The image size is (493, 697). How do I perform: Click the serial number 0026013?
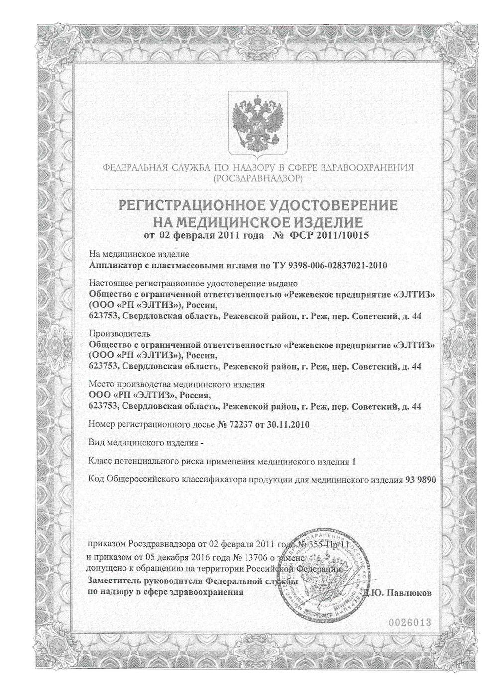tap(408, 623)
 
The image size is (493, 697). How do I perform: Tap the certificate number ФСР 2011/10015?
tap(328, 234)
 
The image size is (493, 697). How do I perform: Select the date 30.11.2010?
tap(285, 425)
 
